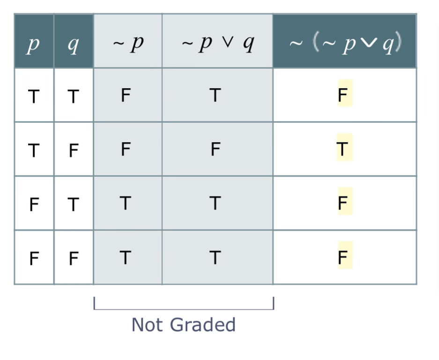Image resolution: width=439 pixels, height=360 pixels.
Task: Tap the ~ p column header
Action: (x=128, y=43)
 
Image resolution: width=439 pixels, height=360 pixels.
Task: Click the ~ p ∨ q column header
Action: (x=217, y=43)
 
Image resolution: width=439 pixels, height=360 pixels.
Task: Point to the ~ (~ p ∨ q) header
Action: (x=344, y=44)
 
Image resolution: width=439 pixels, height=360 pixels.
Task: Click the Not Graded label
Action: (x=183, y=324)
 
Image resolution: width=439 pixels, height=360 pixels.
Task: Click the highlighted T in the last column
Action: (x=343, y=149)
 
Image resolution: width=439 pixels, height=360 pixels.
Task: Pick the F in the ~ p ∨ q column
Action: (x=215, y=149)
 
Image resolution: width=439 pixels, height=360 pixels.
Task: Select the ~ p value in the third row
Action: (x=125, y=203)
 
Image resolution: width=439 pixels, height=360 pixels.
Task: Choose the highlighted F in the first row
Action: (x=343, y=95)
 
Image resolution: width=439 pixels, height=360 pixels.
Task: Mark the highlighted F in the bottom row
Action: (x=343, y=257)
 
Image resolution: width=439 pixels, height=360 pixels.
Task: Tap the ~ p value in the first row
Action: (x=125, y=95)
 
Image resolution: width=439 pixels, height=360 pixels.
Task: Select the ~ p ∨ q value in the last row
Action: (x=215, y=257)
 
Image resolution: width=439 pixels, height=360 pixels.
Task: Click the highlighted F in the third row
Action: (x=343, y=203)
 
